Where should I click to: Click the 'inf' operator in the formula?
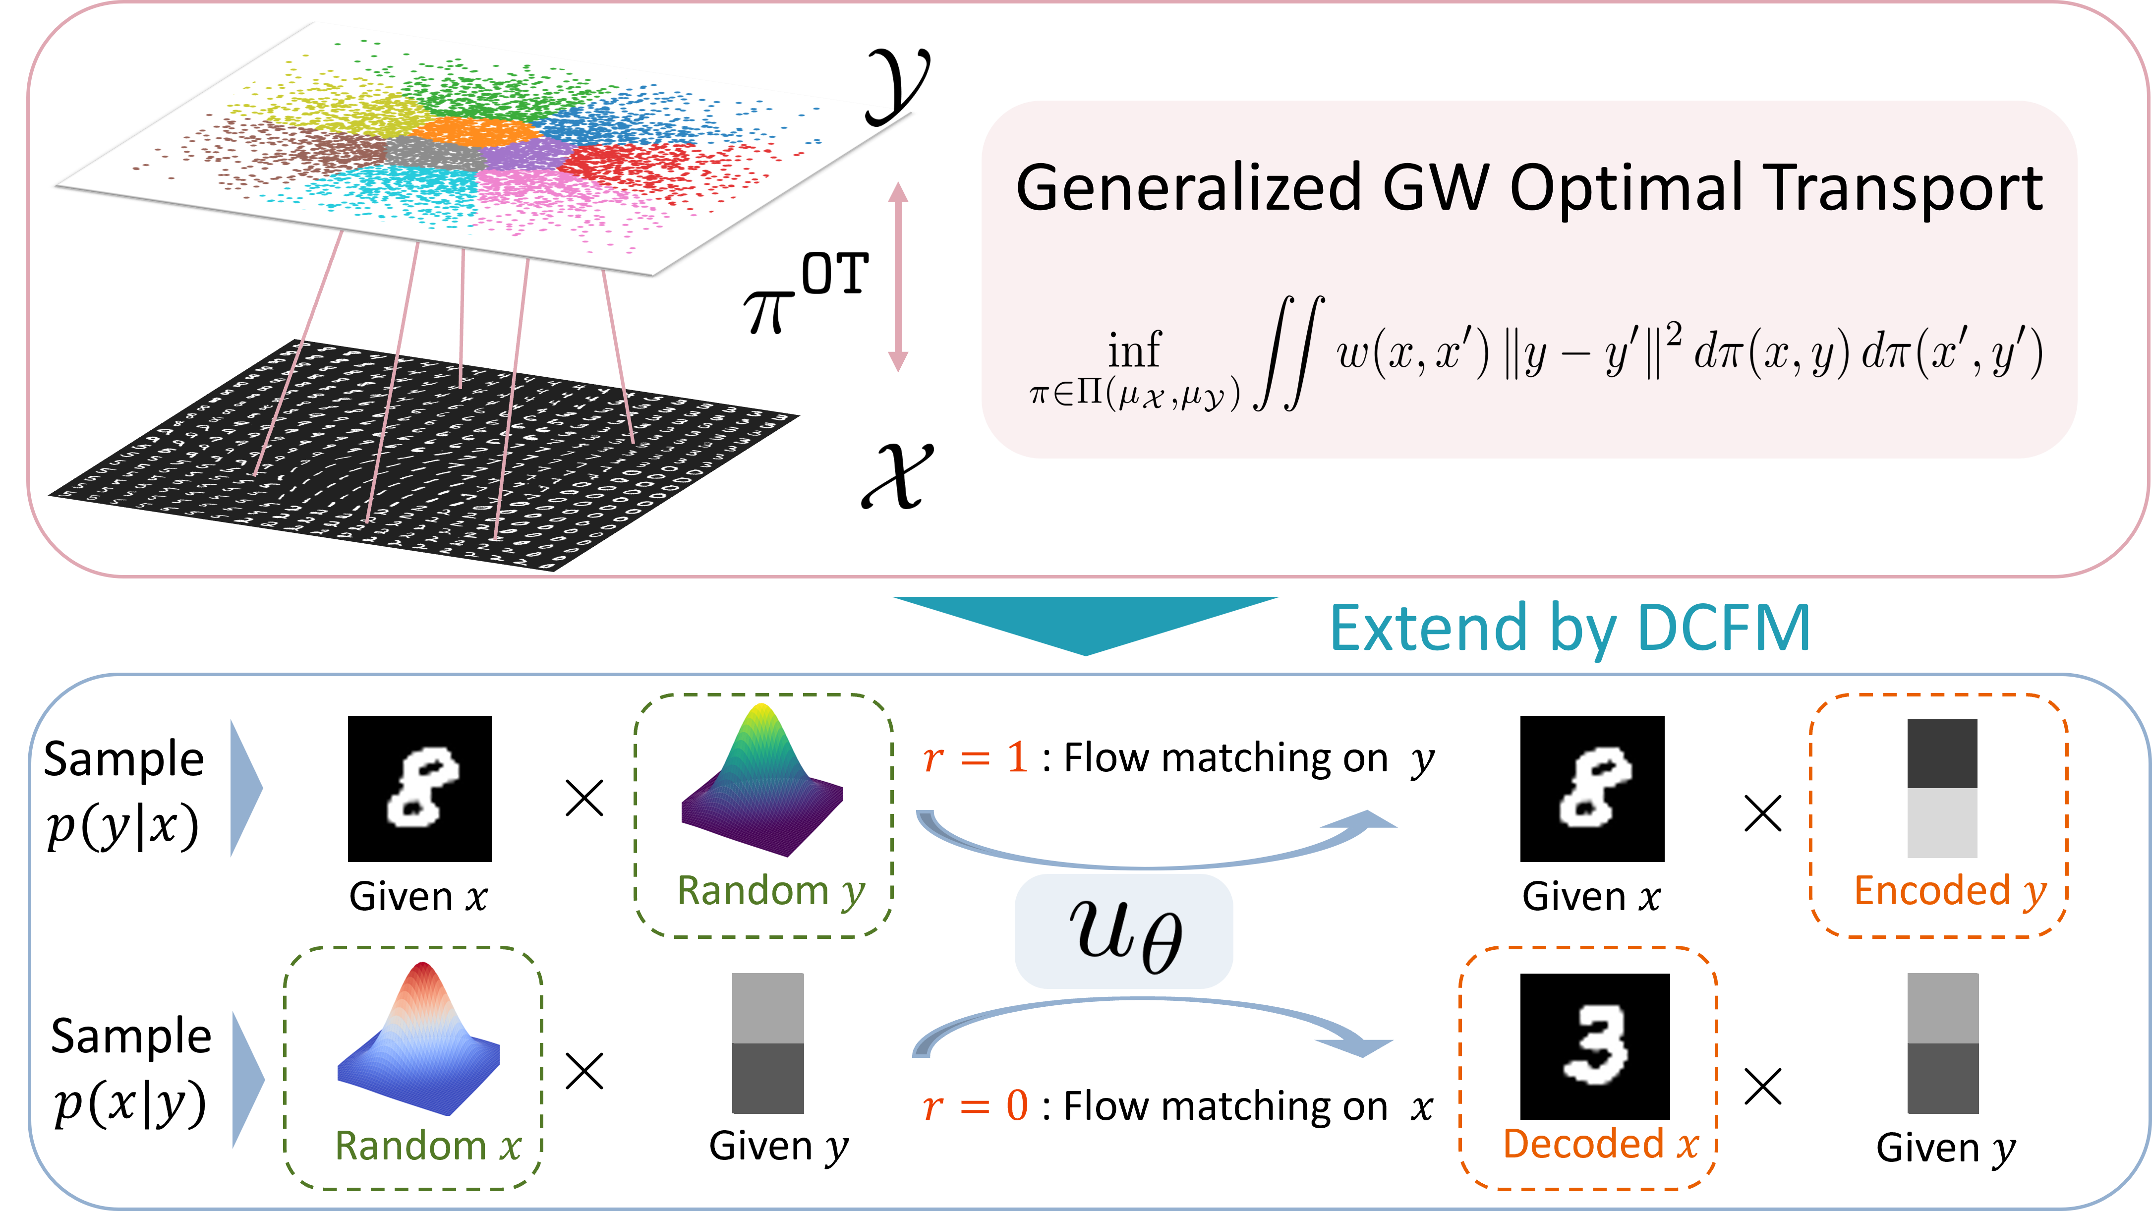tap(1134, 349)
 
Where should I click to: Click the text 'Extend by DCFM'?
tap(1569, 628)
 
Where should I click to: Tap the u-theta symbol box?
tap(1124, 931)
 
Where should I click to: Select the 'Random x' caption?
tap(428, 1145)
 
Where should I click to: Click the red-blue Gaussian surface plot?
tap(418, 1036)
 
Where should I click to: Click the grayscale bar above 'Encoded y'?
tap(1942, 788)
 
